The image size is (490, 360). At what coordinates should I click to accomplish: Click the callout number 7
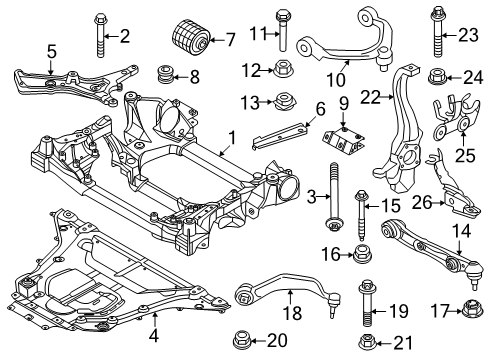click(x=230, y=41)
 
